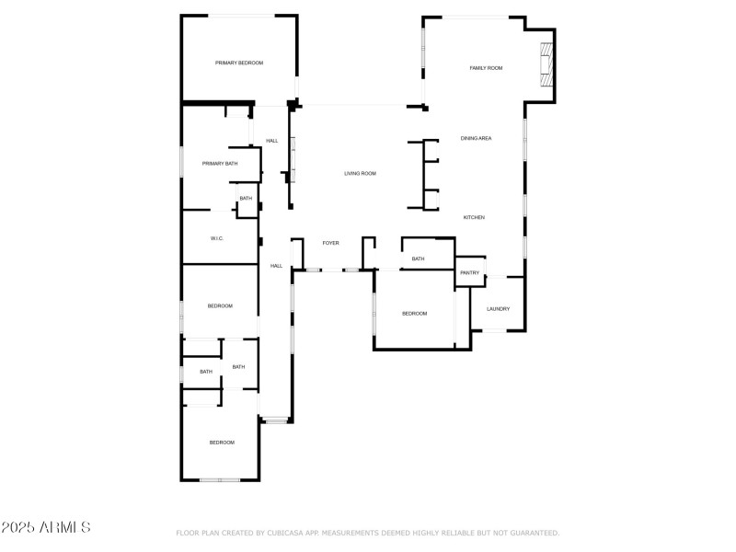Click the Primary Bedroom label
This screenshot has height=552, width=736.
(x=239, y=63)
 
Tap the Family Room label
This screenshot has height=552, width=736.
(x=486, y=68)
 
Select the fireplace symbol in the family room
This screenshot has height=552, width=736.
(x=547, y=65)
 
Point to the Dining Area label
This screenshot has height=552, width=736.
(x=476, y=138)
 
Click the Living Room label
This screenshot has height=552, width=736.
(x=360, y=173)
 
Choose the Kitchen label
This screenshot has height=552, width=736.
(x=474, y=217)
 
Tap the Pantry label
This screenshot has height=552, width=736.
(x=469, y=272)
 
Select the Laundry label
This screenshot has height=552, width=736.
(x=498, y=309)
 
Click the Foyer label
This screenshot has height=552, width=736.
(x=330, y=243)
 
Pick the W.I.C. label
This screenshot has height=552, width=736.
(x=217, y=238)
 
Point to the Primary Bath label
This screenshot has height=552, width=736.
(x=220, y=163)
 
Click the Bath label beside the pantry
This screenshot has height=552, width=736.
(x=418, y=259)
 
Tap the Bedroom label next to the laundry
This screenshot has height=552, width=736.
(x=414, y=314)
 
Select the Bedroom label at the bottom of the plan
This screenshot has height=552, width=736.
(x=222, y=443)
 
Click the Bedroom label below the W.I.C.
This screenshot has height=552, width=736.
(x=219, y=305)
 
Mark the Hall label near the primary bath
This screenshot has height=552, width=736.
(x=272, y=141)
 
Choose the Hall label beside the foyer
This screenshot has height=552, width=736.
(x=276, y=266)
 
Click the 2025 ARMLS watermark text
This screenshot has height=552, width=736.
(x=46, y=528)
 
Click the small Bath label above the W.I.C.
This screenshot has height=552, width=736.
(x=246, y=199)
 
